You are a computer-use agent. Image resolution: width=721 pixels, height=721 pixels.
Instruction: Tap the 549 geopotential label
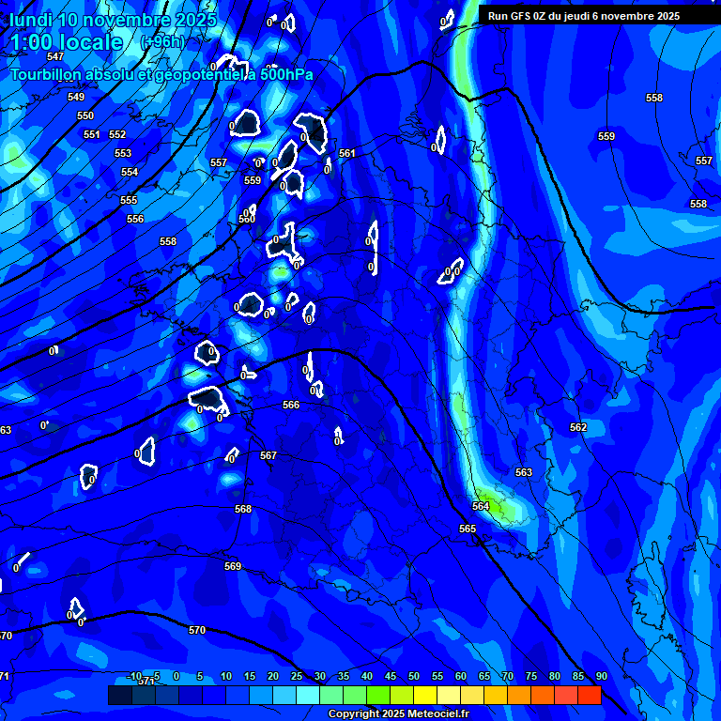tap(76, 98)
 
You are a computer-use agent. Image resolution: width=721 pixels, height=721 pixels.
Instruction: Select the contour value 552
tap(117, 135)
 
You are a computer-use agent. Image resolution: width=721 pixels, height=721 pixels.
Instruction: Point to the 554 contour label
tap(130, 173)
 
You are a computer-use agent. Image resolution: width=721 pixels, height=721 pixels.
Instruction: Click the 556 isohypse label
tap(135, 219)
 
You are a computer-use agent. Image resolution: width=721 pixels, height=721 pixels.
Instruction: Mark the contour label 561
tap(347, 153)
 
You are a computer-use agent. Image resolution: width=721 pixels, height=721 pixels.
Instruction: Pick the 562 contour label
tap(578, 427)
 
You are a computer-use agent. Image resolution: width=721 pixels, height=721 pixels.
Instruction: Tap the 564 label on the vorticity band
tap(481, 506)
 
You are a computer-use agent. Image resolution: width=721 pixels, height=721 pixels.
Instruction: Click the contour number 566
tap(291, 405)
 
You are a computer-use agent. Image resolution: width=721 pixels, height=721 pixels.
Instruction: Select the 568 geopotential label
tap(243, 509)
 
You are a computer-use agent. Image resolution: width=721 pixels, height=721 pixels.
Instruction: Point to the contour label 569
tap(233, 566)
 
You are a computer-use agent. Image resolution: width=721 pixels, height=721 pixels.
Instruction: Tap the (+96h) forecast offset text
tap(162, 42)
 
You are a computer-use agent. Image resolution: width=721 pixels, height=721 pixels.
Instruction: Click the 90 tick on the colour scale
tap(601, 676)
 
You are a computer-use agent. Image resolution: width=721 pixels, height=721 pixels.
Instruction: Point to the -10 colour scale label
tap(134, 676)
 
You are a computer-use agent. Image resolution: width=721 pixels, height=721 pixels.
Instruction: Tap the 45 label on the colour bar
tap(391, 676)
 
